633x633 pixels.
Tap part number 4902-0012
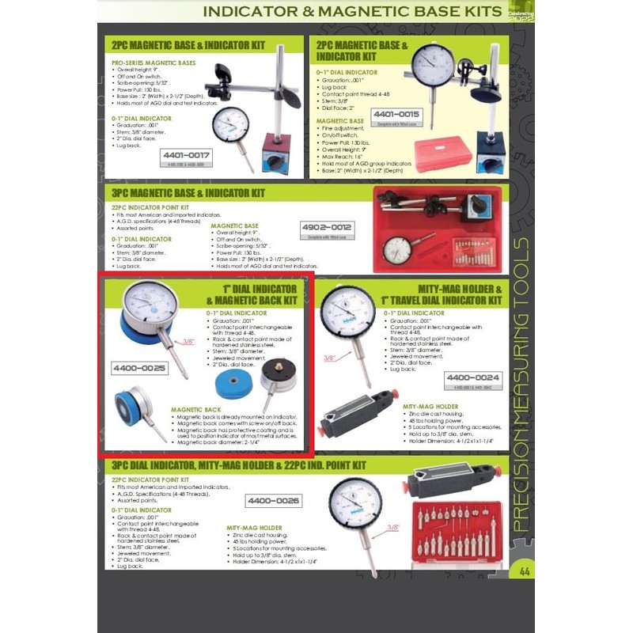pyautogui.click(x=326, y=229)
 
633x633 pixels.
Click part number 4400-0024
pyautogui.click(x=473, y=378)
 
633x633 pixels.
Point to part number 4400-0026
pyautogui.click(x=273, y=500)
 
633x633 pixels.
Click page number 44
pyautogui.click(x=525, y=571)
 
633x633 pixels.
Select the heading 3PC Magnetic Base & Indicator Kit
pyautogui.click(x=188, y=192)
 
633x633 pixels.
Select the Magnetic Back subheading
pyautogui.click(x=197, y=410)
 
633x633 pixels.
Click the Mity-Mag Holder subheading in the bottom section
pyautogui.click(x=254, y=526)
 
